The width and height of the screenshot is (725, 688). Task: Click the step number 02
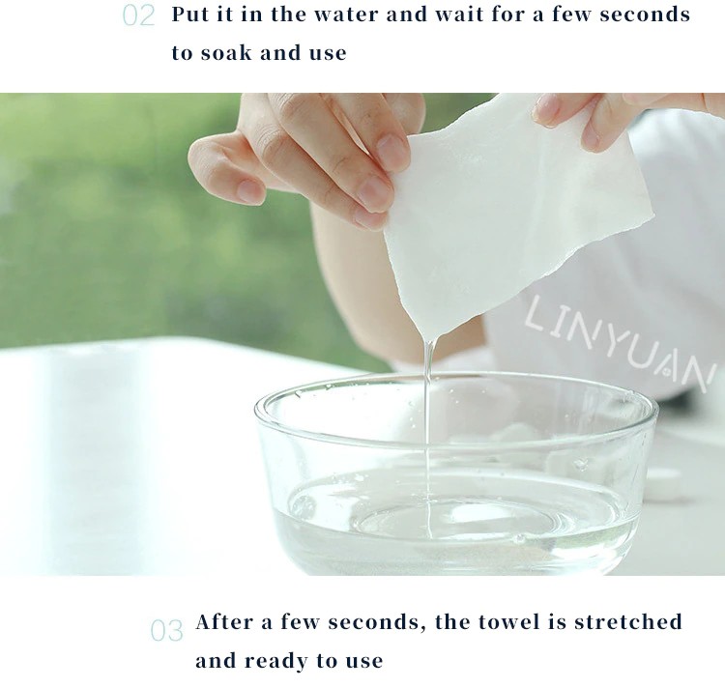pos(138,15)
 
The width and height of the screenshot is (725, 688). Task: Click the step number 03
pos(166,631)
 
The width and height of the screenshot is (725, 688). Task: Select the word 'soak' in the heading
pos(226,52)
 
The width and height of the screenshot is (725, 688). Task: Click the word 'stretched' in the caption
pos(628,621)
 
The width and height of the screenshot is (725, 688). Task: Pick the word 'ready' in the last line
pos(276,661)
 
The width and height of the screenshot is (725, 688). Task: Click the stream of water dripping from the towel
pos(429,439)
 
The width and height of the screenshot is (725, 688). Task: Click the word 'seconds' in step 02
pos(645,14)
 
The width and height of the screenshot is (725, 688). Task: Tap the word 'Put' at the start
pos(189,14)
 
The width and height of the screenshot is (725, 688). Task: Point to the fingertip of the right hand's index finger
pos(548,111)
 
